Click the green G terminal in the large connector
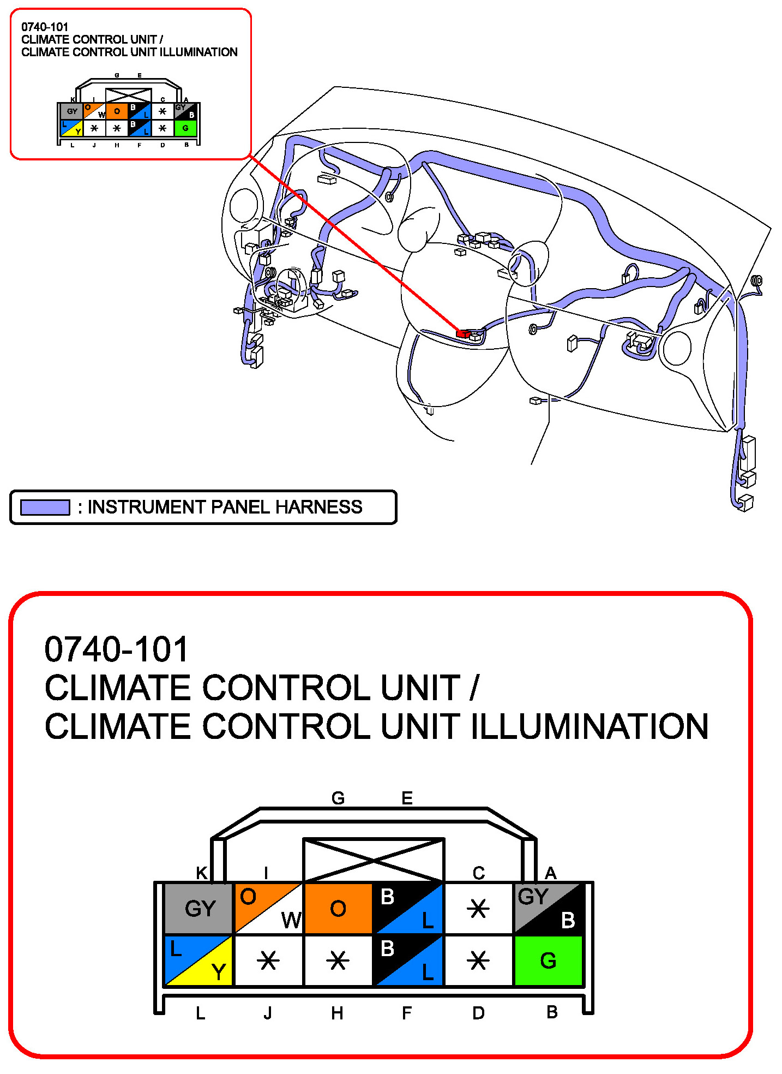[548, 960]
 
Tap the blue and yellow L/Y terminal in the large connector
[198, 960]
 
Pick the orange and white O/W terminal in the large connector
[268, 908]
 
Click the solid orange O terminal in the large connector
[338, 908]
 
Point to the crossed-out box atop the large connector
[374, 860]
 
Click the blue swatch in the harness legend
[45, 507]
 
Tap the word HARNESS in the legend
[319, 507]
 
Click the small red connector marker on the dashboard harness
[463, 333]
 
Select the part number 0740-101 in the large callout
[116, 649]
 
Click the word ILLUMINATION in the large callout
[589, 726]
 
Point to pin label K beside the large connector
[202, 873]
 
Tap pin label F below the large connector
[406, 1013]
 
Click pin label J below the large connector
[267, 1013]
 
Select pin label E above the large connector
[407, 798]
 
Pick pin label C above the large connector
[479, 873]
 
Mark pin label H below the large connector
[337, 1013]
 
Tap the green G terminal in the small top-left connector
[185, 128]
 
